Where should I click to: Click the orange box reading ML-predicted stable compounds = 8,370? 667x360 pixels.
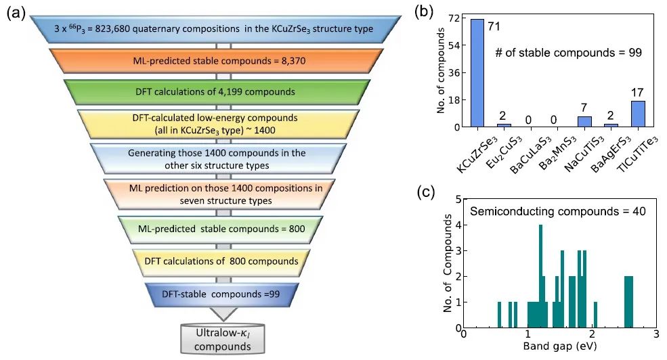[x=217, y=60]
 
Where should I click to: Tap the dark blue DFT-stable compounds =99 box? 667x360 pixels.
[x=217, y=294]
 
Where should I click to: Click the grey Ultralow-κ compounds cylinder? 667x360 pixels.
[x=217, y=337]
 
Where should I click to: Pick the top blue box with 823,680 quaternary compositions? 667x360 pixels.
[x=217, y=29]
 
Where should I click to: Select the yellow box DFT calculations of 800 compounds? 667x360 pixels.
[x=217, y=261]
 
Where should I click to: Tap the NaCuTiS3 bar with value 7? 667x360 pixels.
[x=584, y=121]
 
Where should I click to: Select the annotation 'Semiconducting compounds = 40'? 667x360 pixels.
[x=557, y=211]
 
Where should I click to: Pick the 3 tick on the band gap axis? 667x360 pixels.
[x=655, y=334]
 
